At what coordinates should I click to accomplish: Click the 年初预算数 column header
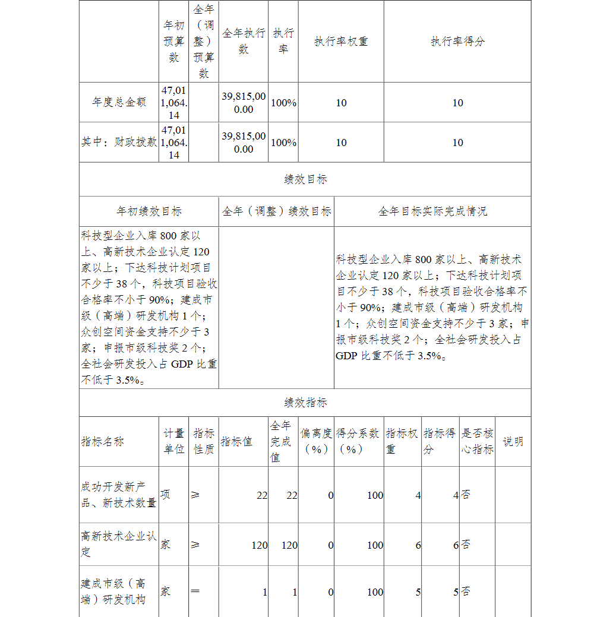point(173,42)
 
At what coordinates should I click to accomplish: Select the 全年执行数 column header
point(244,42)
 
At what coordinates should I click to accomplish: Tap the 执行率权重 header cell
point(341,42)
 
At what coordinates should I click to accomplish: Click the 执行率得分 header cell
point(457,42)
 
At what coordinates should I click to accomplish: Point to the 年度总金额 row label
point(119,103)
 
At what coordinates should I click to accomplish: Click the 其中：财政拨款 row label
point(119,143)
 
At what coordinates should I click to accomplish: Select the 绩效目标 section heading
point(305,179)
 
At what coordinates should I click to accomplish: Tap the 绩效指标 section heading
point(305,403)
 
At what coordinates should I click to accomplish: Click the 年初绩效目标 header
point(149,211)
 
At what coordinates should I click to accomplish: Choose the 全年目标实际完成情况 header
point(432,211)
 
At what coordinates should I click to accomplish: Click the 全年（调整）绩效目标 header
point(276,211)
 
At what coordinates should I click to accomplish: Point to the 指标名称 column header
point(103,442)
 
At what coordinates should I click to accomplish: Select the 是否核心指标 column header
point(477,442)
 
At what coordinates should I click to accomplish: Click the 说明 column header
point(513,442)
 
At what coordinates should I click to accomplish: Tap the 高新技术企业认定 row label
point(119,544)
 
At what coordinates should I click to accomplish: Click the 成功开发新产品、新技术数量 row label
point(119,495)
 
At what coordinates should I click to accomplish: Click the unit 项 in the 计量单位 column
point(165,495)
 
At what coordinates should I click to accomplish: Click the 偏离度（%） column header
point(316,442)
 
